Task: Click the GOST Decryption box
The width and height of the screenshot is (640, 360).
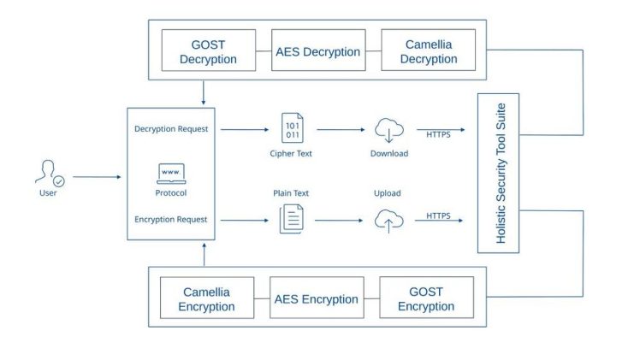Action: pos(209,50)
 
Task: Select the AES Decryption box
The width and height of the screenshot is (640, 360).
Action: pos(317,51)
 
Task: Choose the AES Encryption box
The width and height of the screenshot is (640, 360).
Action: pos(317,299)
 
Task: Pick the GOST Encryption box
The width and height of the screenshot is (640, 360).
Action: pos(425,298)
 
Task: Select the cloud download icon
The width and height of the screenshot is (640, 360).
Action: pos(388,130)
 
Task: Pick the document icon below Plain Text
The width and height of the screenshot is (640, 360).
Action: pos(291,220)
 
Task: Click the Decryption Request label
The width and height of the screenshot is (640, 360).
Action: pos(171,129)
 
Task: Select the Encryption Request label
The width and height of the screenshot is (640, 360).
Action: pos(171,220)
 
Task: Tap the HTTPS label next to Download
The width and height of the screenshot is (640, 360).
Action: pos(439,133)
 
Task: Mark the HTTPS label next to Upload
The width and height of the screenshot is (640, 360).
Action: pos(439,215)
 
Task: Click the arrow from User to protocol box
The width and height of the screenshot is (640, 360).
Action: pos(97,177)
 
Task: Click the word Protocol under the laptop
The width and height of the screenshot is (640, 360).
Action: pos(171,193)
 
